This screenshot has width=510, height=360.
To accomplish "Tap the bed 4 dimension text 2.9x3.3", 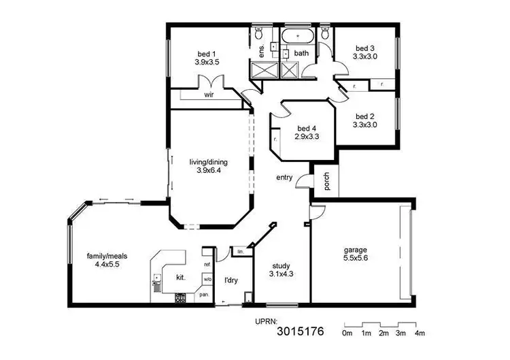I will coord(307,136).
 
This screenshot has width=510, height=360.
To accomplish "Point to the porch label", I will coord(326,182).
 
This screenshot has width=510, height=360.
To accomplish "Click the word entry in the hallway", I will coord(284,178).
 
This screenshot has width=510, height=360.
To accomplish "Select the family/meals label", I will coord(107,256).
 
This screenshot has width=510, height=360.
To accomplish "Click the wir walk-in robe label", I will coord(209,95).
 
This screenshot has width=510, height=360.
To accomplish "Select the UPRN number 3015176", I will coord(300,333).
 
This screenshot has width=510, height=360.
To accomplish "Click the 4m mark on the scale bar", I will coord(420,333).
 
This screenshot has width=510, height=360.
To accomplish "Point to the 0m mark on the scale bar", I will coord(347,333).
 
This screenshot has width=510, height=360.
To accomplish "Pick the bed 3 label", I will coord(365,48).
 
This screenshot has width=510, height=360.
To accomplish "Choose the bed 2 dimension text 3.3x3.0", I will coord(365,125).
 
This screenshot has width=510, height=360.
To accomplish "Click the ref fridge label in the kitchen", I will coord(207,263).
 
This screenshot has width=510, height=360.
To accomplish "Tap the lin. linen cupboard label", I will coord(240,251).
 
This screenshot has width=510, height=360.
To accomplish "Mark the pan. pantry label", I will coord(203,295).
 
